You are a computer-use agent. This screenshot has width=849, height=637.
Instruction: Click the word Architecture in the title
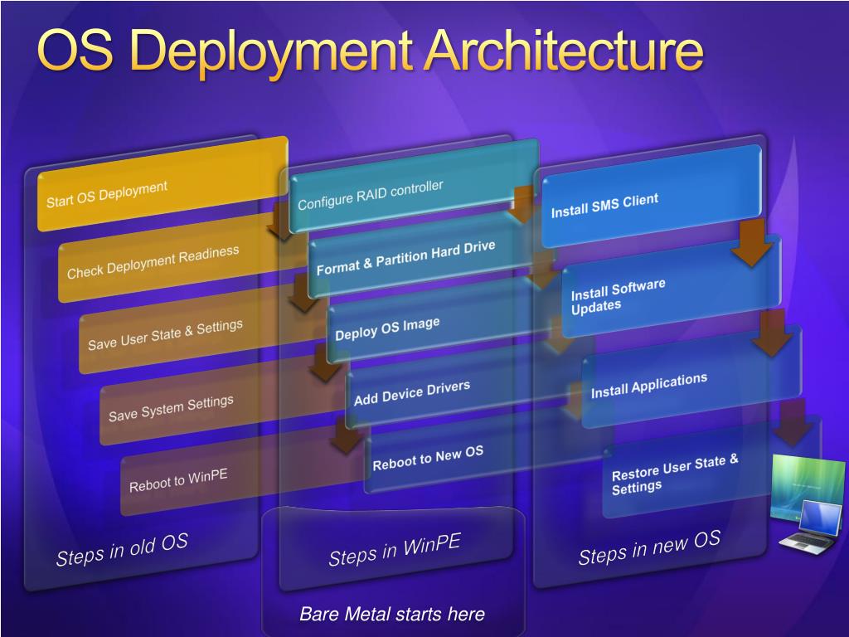click(564, 51)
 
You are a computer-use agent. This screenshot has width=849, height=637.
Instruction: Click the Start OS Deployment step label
click(107, 195)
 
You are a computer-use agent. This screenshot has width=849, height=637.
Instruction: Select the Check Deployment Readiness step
click(153, 262)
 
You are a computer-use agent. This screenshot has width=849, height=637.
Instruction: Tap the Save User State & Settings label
click(165, 334)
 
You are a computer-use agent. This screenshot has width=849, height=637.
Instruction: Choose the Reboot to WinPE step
click(178, 480)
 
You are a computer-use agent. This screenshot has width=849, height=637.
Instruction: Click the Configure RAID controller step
click(371, 195)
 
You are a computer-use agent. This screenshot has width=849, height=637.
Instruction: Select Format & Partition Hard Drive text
click(405, 258)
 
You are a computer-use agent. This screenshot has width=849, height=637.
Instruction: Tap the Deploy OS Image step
click(387, 328)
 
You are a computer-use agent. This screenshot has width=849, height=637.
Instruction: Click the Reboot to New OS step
click(428, 458)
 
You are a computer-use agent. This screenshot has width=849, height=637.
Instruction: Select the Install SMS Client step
click(604, 206)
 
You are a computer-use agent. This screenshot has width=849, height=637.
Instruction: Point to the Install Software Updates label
click(618, 297)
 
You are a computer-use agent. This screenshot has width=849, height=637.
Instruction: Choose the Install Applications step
click(648, 386)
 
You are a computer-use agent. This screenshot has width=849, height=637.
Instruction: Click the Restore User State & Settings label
click(674, 474)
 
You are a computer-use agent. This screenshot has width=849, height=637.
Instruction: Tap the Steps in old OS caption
click(122, 550)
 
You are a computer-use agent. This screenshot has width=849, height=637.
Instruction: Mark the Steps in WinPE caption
click(394, 551)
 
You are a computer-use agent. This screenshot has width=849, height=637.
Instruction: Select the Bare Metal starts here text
click(391, 615)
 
